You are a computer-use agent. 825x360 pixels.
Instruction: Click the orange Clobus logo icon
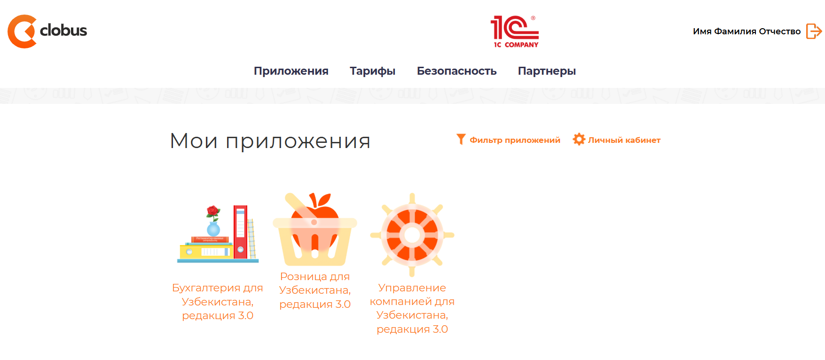click(22, 31)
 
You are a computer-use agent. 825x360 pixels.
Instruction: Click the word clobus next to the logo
click(63, 31)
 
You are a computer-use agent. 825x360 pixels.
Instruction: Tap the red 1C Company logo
click(515, 31)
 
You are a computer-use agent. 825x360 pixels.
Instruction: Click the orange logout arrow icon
click(814, 31)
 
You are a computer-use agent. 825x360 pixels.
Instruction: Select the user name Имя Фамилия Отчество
click(746, 31)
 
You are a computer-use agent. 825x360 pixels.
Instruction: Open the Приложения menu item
click(291, 71)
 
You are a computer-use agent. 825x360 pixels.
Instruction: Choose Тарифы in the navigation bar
click(372, 71)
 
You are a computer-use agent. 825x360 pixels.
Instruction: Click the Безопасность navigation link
click(456, 71)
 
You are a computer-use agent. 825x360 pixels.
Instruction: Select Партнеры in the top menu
click(547, 71)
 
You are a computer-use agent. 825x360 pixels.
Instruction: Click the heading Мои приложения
click(270, 141)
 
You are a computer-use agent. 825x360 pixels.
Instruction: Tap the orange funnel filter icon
click(461, 139)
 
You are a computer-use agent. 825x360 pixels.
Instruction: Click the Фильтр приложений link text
click(515, 140)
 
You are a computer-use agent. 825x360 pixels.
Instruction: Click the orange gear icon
click(579, 139)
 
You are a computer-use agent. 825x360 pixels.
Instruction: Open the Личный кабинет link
click(624, 140)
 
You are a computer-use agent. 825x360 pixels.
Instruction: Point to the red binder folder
click(240, 231)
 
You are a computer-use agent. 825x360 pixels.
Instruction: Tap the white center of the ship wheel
click(412, 235)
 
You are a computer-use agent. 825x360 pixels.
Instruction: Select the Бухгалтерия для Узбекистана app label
click(218, 301)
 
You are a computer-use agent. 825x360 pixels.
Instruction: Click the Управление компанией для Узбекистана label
click(412, 308)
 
